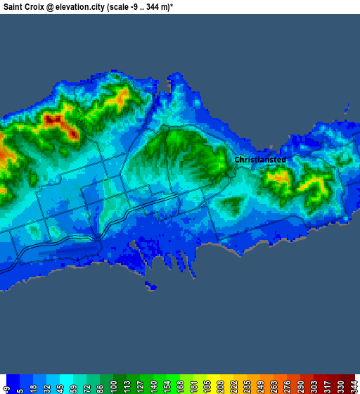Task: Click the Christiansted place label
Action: pos(259,160)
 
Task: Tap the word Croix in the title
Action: pos(41,6)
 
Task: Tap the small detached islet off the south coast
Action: pos(150,286)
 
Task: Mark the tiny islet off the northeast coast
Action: pos(347,108)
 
